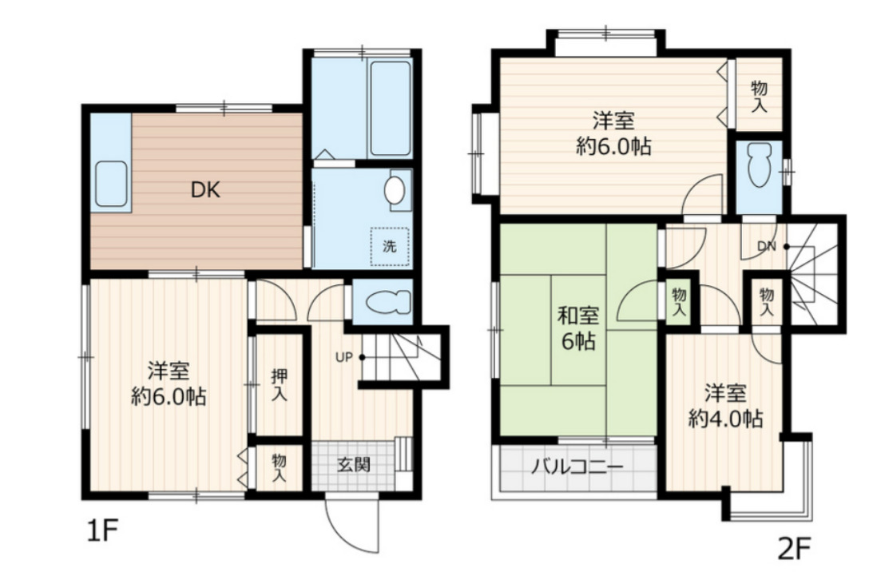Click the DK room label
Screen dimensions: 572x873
pos(204,190)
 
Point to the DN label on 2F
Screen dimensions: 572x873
pos(767,245)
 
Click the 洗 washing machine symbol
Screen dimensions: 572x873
pos(390,246)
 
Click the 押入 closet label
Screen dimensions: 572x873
pos(279,385)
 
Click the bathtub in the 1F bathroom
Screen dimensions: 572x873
pos(391,109)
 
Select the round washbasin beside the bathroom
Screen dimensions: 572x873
pos(395,190)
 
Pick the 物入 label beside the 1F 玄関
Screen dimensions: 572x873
pos(279,468)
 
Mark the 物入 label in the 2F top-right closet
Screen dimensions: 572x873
pos(759,95)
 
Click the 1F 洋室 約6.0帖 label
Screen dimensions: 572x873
pos(168,383)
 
